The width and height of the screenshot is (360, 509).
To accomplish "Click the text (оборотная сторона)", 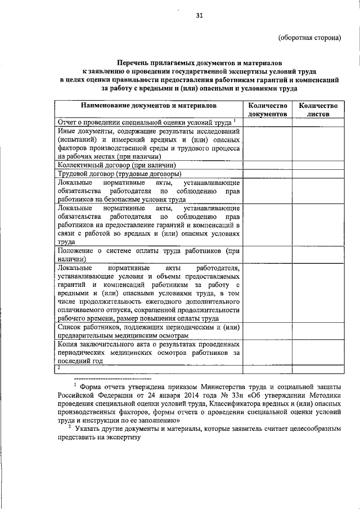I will click(x=310, y=38).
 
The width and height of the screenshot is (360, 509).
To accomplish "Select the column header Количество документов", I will click(x=267, y=109).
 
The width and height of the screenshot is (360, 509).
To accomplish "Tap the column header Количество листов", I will click(x=318, y=109).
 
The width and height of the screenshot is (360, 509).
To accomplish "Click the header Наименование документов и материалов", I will click(x=148, y=105).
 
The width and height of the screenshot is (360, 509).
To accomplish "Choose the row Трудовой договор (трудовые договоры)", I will click(x=116, y=174).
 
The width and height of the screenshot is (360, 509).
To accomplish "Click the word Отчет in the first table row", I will click(x=68, y=122).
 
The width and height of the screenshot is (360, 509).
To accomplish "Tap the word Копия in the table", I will click(x=69, y=344).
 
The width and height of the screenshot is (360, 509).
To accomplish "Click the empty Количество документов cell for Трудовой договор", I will click(x=267, y=174).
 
